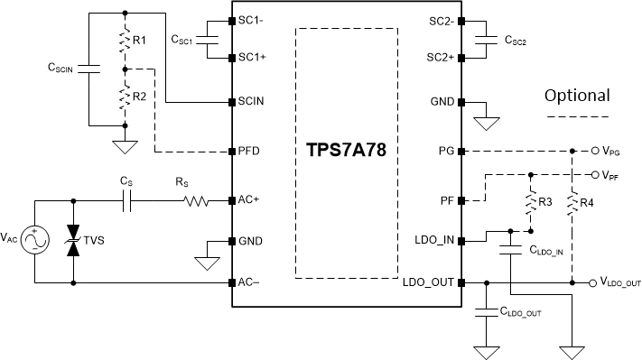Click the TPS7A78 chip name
348,150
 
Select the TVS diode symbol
72,242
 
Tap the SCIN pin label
250,101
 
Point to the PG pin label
445,151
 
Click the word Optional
577,95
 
